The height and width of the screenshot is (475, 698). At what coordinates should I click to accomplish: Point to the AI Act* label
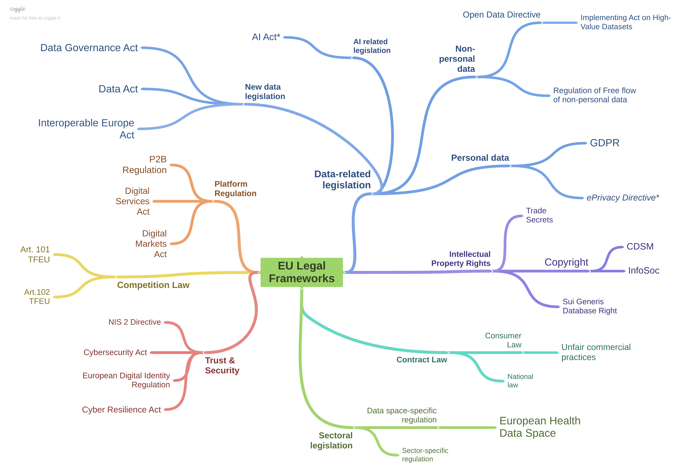pos(266,37)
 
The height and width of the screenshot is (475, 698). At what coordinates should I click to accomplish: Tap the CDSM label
pos(640,246)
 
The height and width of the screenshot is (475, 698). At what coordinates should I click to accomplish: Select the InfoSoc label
pos(643,270)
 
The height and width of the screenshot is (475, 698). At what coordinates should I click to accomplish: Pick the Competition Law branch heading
pos(153,285)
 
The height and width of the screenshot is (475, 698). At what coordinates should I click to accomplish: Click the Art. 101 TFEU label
pos(35,254)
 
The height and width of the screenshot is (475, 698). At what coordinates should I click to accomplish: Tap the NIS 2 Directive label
pos(135,322)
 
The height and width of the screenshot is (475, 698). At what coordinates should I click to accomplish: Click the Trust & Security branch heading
pos(222,365)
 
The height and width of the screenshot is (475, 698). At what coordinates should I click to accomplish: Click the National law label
pos(520,381)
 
